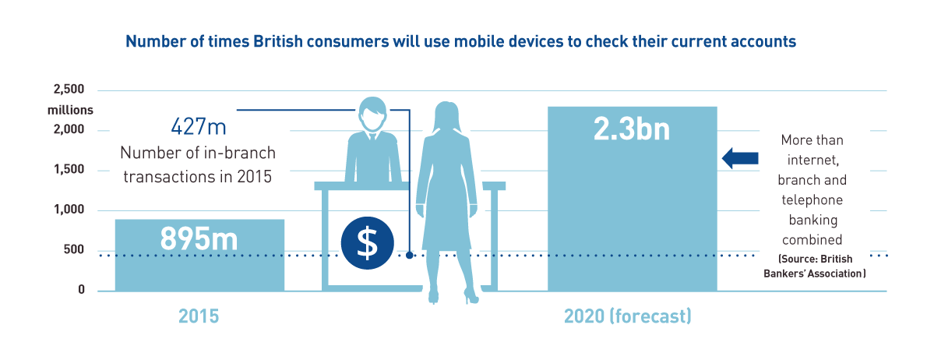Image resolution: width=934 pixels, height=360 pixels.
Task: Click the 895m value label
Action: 199,239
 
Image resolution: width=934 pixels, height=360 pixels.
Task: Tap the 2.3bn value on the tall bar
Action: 632,130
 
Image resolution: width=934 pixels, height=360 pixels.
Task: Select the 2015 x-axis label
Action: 199,316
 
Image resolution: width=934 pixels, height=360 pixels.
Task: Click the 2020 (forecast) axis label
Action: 628,316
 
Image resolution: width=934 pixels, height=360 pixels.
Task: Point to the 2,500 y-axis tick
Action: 70,90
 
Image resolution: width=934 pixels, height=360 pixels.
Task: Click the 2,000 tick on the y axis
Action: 70,130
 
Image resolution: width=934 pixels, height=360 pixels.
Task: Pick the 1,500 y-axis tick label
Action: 70,171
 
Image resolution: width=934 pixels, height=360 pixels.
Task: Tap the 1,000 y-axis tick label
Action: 70,210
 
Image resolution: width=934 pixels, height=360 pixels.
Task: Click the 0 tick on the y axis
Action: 83,291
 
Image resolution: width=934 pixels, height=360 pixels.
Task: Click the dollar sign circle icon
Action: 368,245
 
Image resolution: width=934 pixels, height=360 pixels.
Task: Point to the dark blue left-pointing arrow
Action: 740,158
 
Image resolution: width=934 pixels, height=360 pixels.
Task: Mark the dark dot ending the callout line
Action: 409,255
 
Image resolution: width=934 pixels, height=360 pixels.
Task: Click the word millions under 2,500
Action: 71,110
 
